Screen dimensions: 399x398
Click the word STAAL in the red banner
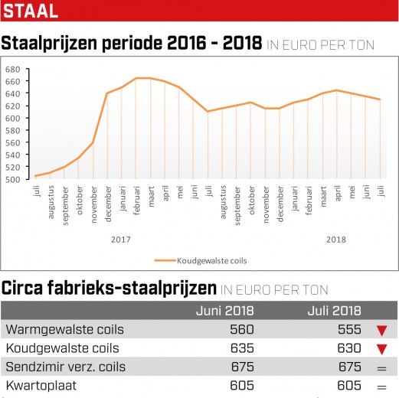[31, 11]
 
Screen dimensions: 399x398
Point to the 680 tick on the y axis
[12, 70]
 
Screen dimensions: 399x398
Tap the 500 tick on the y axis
[12, 179]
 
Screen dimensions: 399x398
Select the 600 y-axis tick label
[12, 119]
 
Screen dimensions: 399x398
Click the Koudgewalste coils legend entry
[201, 260]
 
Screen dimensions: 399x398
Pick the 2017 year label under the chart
[121, 240]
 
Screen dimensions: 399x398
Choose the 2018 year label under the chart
[336, 240]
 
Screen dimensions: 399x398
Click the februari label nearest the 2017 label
[137, 201]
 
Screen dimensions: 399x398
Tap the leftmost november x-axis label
[94, 204]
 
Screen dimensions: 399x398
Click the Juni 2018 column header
[225, 311]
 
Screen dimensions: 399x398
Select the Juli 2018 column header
[335, 311]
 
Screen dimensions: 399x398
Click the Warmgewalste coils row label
[65, 329]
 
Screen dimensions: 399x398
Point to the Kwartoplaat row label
[41, 386]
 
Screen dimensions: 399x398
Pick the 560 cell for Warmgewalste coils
[242, 329]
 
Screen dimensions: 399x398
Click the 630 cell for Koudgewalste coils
[349, 348]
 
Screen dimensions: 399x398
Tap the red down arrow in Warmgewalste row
[382, 331]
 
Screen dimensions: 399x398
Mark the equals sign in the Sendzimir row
[382, 368]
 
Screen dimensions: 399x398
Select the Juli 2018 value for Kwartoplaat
[349, 386]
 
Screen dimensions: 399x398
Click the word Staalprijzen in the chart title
[49, 44]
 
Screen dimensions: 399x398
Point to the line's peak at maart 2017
[150, 78]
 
